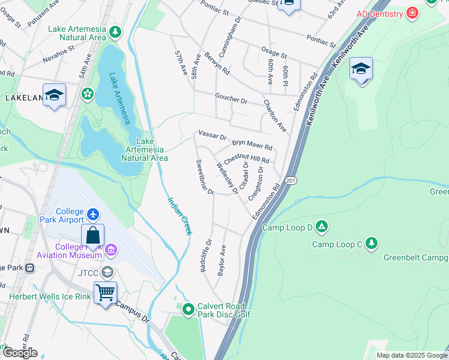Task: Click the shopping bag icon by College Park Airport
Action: click(x=92, y=236)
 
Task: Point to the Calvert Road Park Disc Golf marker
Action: click(x=188, y=310)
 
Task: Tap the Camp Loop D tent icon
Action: click(x=322, y=227)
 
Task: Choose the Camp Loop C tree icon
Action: click(x=372, y=243)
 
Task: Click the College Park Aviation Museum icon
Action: click(x=110, y=250)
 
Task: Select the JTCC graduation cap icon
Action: click(x=107, y=272)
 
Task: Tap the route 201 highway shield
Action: click(x=291, y=180)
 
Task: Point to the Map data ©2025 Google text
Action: click(x=412, y=355)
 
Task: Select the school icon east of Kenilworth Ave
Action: click(x=361, y=70)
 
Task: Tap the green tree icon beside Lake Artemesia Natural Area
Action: click(x=114, y=32)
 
